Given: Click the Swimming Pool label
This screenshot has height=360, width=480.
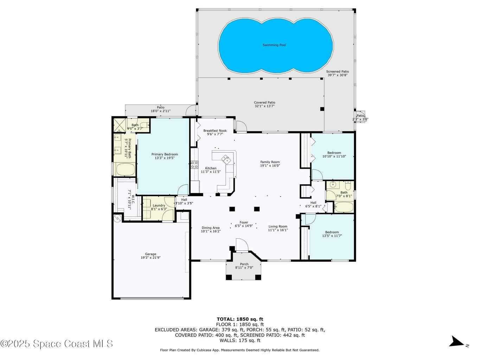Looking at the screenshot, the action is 274,45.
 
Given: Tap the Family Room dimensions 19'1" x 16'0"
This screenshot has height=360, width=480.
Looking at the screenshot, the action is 270,166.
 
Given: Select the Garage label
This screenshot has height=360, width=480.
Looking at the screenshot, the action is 151,254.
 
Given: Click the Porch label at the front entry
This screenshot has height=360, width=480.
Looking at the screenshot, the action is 244,264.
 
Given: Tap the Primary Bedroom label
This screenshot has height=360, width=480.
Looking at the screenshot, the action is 165,154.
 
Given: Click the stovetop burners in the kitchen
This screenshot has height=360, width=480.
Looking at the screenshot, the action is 194,165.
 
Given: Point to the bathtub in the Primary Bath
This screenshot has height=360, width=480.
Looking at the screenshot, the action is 126,169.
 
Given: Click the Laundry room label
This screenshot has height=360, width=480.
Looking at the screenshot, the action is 159,205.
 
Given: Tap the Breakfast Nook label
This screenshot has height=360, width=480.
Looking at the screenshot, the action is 215,131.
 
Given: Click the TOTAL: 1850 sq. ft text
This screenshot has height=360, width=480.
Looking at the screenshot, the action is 240,319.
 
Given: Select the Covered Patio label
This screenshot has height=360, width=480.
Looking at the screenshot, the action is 264,103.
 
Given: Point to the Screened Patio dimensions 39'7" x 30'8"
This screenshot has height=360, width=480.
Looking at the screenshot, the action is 338,75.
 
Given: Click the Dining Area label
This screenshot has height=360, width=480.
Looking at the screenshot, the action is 211,228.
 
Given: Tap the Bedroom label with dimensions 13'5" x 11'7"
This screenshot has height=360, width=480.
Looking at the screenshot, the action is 332,232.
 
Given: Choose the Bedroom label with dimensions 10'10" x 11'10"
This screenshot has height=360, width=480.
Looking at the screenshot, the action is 334,153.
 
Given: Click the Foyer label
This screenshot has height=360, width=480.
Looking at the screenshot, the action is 244,223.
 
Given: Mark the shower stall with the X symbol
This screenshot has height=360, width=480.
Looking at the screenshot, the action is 120,125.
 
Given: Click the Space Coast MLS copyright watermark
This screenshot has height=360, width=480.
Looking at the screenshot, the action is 56,344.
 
